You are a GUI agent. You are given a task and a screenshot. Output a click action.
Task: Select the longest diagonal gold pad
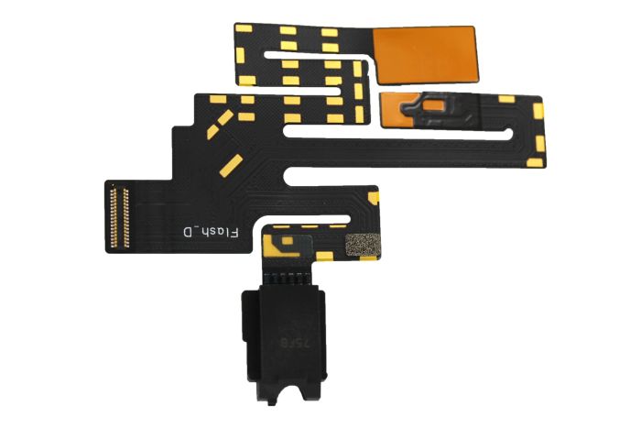click(231, 164)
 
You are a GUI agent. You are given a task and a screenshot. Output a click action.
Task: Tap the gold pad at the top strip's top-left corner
click(245, 28)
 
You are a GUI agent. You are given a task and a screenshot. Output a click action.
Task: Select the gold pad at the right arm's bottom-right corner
click(537, 162)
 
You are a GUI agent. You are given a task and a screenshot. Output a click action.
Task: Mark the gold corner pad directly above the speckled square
click(371, 196)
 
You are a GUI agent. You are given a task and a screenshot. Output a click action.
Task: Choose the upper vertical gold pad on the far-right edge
click(538, 111)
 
